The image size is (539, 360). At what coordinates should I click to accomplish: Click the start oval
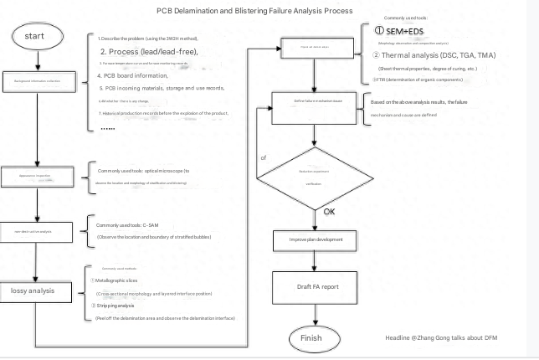pyautogui.click(x=35, y=37)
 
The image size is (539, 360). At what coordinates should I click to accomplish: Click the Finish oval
pyautogui.click(x=311, y=337)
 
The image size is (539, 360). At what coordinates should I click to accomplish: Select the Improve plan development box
pyautogui.click(x=311, y=240)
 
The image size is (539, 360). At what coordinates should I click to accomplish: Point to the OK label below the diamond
pyautogui.click(x=330, y=212)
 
